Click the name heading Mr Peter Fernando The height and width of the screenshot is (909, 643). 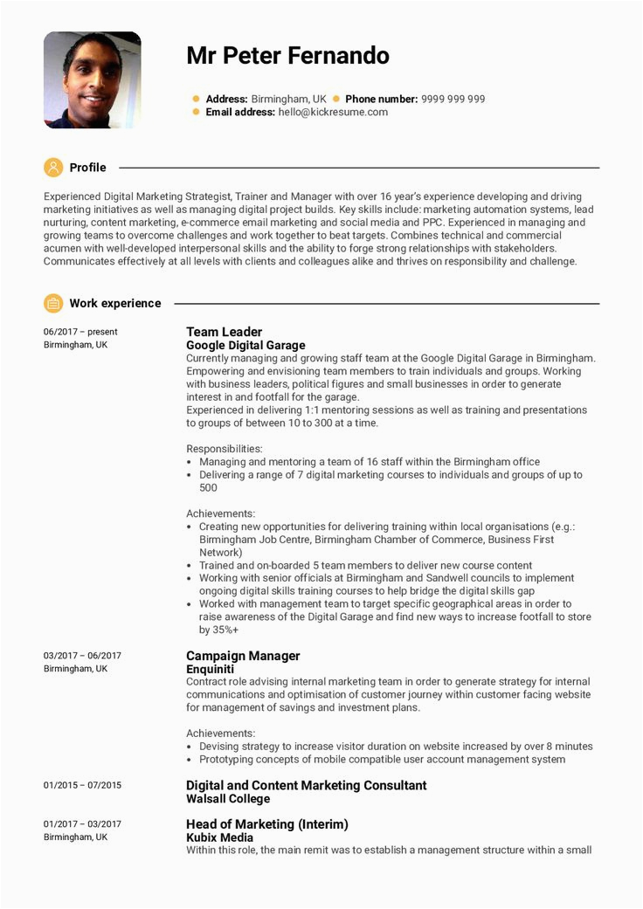287,57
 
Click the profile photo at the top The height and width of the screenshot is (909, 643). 92,80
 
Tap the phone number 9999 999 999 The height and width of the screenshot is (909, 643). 453,99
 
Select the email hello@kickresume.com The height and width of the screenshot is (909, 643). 333,112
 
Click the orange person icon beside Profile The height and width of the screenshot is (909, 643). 53,167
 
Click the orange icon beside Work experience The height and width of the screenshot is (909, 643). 53,303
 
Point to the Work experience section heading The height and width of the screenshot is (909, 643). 115,303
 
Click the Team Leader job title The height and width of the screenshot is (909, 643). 224,332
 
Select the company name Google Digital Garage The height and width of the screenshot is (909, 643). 245,345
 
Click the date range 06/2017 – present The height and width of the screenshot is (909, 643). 80,332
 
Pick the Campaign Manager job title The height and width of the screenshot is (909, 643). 243,656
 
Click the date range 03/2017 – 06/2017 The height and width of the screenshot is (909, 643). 82,656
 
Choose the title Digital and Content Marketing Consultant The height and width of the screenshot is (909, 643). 306,785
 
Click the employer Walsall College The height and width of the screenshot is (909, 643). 228,798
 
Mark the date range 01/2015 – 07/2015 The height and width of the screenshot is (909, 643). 82,785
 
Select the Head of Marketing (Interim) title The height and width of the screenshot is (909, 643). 266,824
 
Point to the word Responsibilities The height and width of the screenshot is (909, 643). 225,449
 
